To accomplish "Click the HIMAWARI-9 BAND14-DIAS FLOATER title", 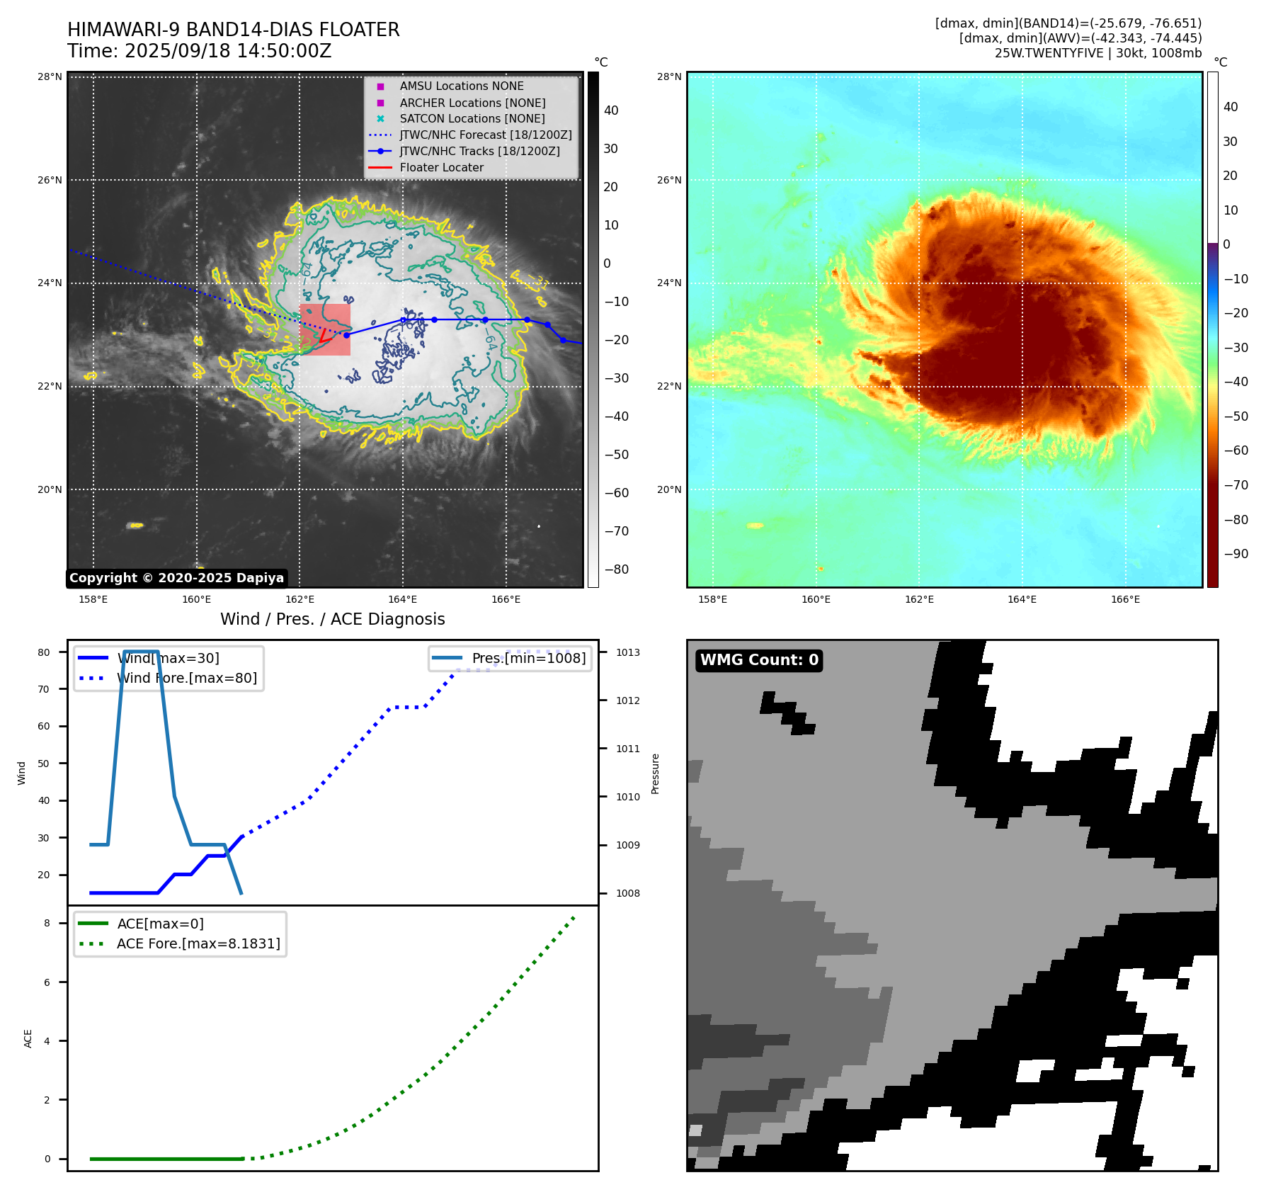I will [x=233, y=30].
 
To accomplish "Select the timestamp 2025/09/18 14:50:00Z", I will [x=228, y=51].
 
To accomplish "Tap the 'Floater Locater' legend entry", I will [x=441, y=168].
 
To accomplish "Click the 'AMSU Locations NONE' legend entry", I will [x=461, y=86].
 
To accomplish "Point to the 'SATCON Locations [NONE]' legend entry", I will [x=472, y=119].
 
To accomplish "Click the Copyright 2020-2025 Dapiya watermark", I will [x=176, y=578].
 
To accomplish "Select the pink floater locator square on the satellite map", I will [x=325, y=329].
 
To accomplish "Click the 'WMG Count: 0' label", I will [x=759, y=660].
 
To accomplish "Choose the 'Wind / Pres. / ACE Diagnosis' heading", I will [x=332, y=619].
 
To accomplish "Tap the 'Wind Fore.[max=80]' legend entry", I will [x=187, y=679].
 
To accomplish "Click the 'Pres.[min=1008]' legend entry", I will [x=528, y=659].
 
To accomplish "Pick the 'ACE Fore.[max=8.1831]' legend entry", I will [x=198, y=944].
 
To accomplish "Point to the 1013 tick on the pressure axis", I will [x=627, y=652].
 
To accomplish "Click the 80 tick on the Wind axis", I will [x=44, y=652].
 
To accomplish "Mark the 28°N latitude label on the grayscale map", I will [x=50, y=77].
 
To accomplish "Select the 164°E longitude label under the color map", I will [x=1022, y=600].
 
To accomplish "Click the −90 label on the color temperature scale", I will [x=1236, y=554].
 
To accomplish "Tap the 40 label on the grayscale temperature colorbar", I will [x=610, y=110].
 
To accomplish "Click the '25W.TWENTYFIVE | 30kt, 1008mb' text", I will [x=1097, y=53].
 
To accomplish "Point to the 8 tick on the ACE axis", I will [x=47, y=924].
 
